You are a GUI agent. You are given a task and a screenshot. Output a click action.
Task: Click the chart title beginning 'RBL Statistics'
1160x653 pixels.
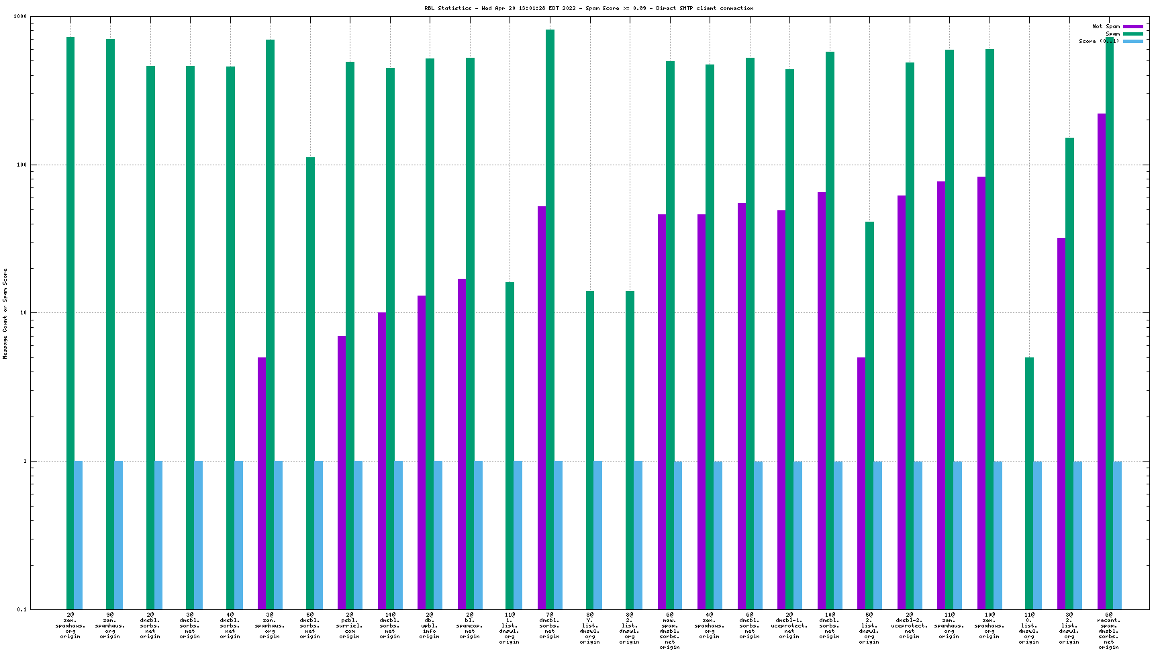pos(589,9)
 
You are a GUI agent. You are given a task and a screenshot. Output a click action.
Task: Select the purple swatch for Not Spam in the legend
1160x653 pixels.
pos(1133,27)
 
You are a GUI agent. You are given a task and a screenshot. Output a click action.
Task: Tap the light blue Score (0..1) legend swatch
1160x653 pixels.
pos(1133,42)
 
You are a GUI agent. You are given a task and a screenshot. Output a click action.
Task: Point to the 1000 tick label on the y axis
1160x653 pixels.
pos(20,17)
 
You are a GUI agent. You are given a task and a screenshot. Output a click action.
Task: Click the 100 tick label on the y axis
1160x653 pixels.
pos(21,165)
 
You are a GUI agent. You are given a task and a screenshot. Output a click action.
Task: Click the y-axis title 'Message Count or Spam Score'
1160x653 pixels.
pos(5,313)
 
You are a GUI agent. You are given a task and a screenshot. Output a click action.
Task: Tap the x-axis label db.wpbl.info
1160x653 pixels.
pos(430,625)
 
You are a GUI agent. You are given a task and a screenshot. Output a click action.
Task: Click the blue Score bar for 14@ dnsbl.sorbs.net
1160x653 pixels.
pos(398,535)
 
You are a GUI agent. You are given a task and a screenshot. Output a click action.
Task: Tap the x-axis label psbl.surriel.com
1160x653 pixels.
pos(350,625)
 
